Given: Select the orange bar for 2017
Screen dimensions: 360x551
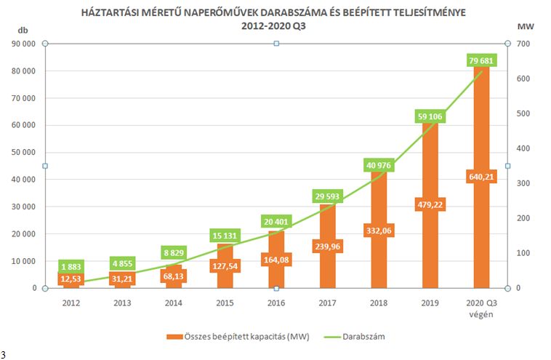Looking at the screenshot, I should point(326,269).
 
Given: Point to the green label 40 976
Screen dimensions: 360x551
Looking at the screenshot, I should point(378,165).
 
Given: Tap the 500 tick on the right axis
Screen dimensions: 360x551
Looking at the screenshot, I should point(523,113).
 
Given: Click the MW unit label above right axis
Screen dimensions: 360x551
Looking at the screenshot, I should point(520,26).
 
